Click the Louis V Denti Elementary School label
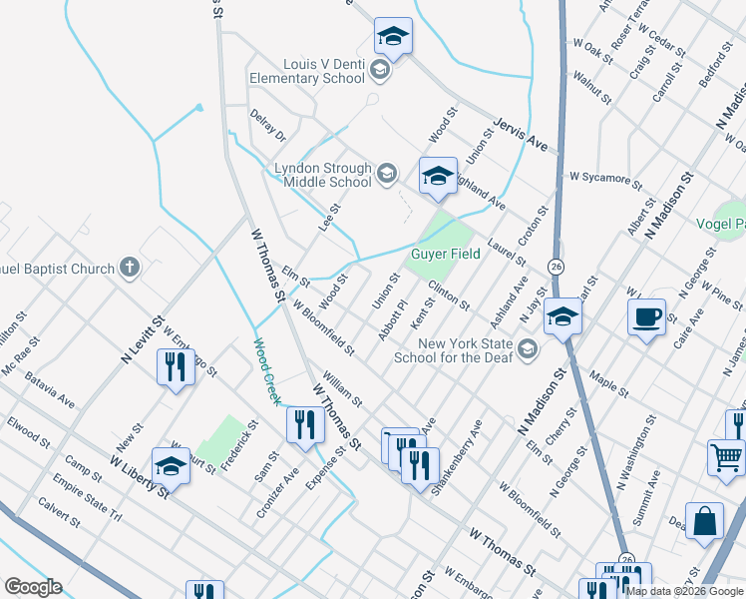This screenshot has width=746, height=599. click(309, 71)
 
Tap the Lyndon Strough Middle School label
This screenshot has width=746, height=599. click(323, 176)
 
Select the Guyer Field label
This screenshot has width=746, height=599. click(446, 254)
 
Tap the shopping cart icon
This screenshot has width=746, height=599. click(725, 457)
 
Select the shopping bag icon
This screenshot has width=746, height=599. click(704, 521)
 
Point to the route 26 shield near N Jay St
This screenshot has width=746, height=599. click(555, 266)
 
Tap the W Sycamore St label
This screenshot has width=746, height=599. click(605, 179)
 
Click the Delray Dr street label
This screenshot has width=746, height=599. click(267, 125)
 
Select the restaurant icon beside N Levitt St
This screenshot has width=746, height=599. click(176, 367)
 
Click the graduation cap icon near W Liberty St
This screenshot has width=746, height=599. click(171, 466)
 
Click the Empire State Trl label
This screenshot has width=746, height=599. click(87, 502)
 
